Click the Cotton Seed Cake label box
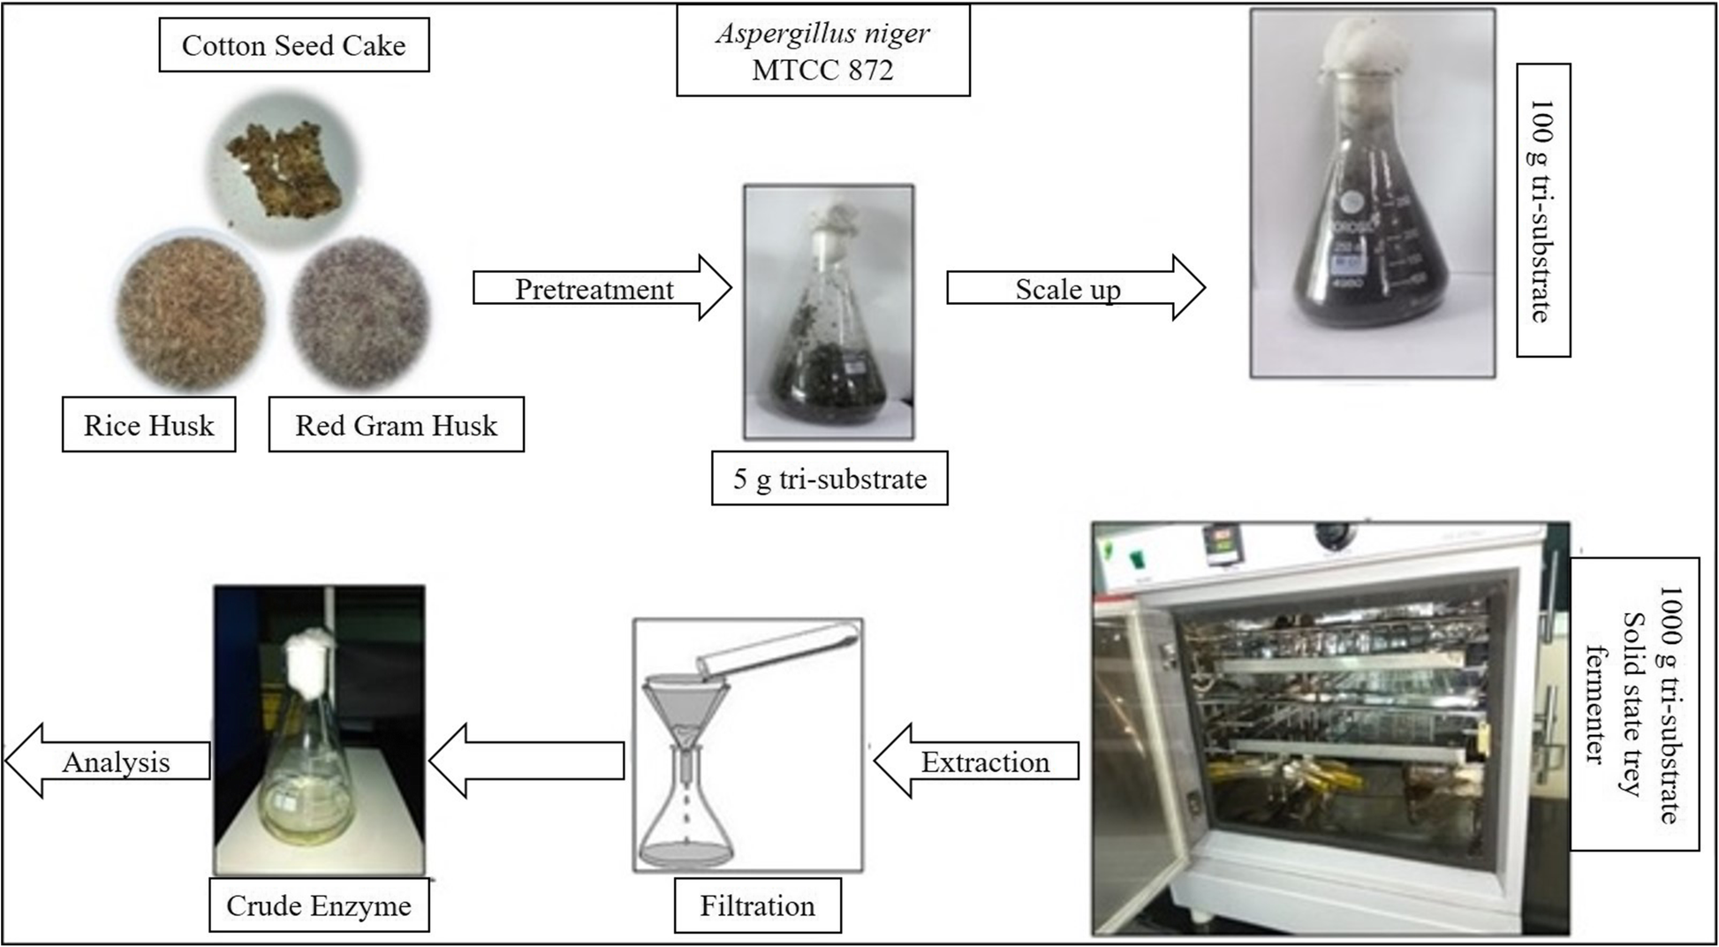coord(293,46)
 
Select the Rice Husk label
coord(148,425)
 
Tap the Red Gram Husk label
coord(396,425)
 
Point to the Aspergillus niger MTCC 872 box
coord(822,51)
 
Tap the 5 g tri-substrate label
coord(829,479)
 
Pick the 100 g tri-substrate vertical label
coord(1542,210)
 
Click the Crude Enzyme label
coord(319,905)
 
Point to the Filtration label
coord(757,905)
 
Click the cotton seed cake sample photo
coord(284,168)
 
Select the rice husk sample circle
coord(191,308)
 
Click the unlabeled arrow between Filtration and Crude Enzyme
coord(526,761)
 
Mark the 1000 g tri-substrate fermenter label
coord(1634,704)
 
